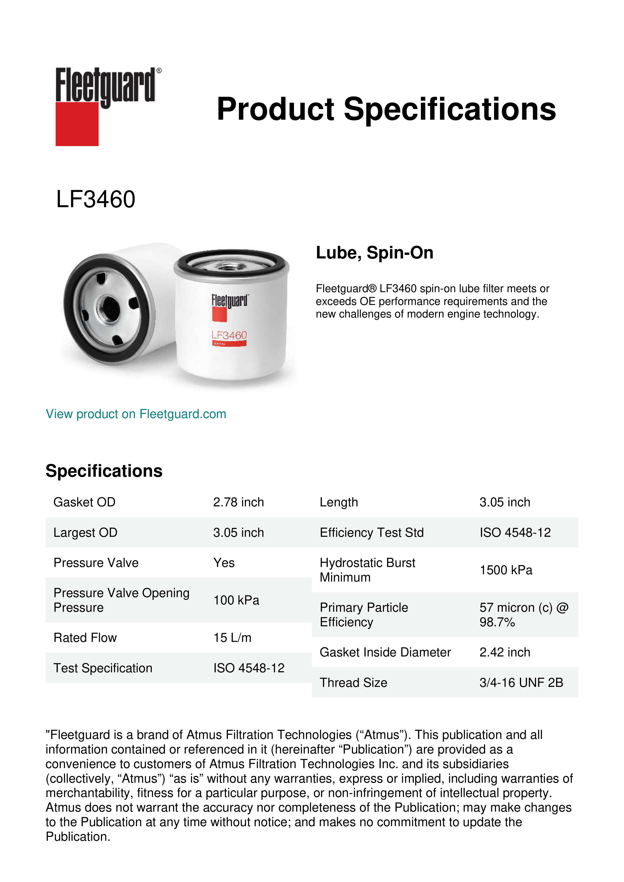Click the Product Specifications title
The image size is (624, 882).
(386, 109)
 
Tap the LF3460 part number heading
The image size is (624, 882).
(96, 199)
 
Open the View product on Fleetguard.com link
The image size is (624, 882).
(136, 414)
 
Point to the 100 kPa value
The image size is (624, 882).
(236, 600)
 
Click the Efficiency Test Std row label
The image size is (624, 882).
(371, 533)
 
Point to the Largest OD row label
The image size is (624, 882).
(85, 533)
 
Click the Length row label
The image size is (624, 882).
(339, 502)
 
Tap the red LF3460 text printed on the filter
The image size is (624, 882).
(229, 335)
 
